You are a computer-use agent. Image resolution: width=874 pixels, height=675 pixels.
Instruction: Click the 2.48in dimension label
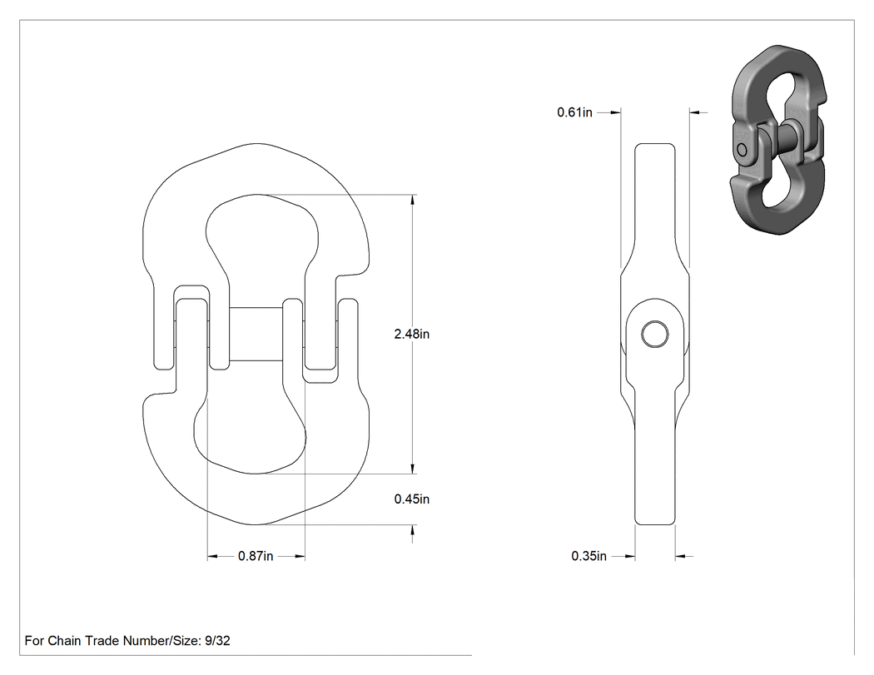(411, 334)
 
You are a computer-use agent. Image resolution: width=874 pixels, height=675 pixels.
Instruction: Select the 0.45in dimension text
(411, 499)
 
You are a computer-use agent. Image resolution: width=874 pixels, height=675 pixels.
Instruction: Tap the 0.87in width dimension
(256, 556)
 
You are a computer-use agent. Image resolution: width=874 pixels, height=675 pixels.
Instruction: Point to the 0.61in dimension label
(574, 112)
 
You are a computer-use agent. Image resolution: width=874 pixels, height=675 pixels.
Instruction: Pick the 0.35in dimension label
(588, 556)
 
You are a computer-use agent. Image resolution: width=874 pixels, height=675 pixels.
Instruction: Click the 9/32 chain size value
(217, 640)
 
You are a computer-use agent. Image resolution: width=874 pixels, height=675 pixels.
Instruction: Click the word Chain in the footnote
(62, 640)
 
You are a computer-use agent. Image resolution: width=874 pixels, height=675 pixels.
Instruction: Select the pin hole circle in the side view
(655, 334)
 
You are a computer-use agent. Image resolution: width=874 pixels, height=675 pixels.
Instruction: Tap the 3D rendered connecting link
(777, 139)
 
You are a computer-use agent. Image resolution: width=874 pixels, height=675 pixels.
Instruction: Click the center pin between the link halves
(256, 334)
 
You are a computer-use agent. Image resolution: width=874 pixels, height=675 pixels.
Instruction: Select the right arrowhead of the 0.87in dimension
(300, 556)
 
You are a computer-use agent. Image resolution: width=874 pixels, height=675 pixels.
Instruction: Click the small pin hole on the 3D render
(742, 151)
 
